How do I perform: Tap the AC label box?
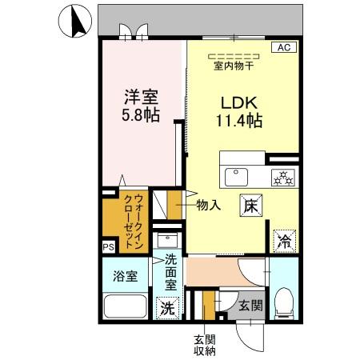point(283,48)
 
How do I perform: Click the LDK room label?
point(238,104)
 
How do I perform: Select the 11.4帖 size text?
point(238,122)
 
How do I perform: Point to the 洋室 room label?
point(139,97)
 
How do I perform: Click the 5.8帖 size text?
point(140,115)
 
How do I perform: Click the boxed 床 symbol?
point(250,204)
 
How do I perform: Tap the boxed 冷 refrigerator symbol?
point(285,238)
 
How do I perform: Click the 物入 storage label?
point(210,206)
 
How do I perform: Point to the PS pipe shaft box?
point(108,248)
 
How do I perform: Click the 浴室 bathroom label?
point(124,277)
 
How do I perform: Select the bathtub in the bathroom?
point(124,306)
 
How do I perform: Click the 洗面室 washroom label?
point(170,272)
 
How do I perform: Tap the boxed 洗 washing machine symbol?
point(167,306)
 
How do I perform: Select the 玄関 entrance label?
point(250,304)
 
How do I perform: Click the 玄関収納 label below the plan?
point(203,344)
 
